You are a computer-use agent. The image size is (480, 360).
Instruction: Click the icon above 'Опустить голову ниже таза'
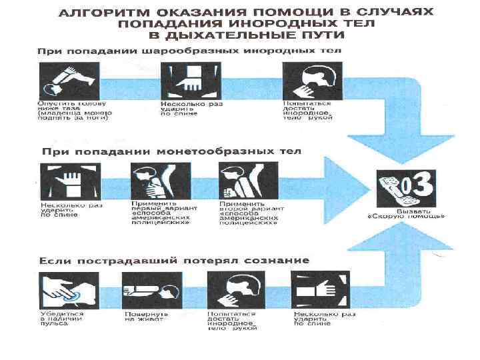click(x=70, y=81)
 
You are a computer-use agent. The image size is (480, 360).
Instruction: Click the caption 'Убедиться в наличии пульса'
click(x=61, y=319)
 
